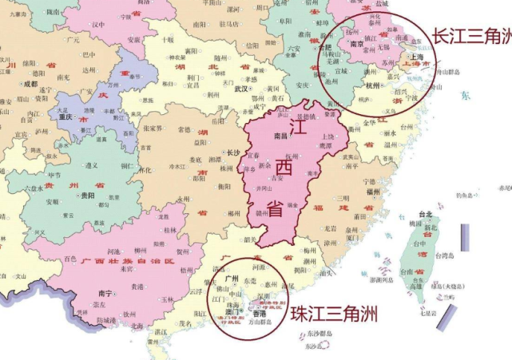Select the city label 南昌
(x=280, y=136)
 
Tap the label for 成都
(x=30, y=83)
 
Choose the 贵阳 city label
(x=87, y=196)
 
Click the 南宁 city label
(x=101, y=293)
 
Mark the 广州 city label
(x=232, y=279)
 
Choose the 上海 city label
(x=415, y=57)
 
